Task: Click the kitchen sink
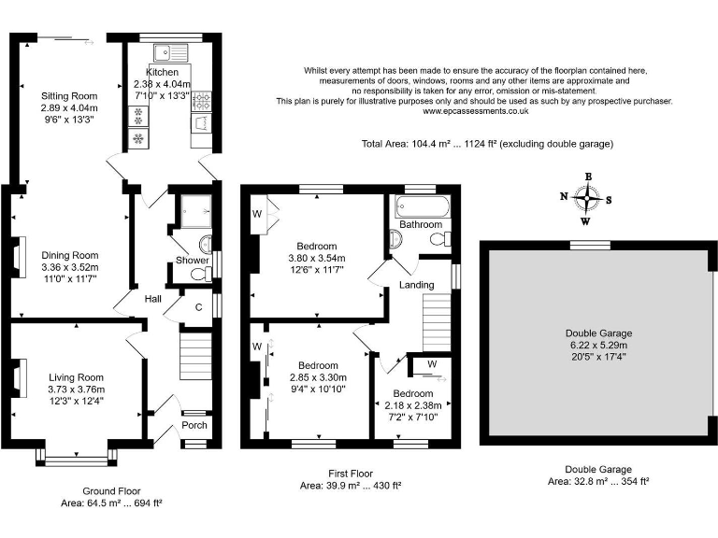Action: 171,52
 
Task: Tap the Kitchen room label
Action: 162,72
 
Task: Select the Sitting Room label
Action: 69,96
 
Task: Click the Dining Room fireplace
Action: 18,258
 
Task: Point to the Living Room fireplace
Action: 19,378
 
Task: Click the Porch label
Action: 194,425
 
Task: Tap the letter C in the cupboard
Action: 199,307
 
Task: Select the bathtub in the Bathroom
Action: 423,206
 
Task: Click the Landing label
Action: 417,285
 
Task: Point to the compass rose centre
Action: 587,198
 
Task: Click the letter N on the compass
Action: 564,196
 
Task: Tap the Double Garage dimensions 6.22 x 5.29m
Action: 599,346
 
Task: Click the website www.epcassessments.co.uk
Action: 475,111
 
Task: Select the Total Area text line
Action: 487,144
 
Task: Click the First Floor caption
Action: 351,474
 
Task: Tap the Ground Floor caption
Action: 111,491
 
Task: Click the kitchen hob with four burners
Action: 202,101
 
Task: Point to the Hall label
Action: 153,299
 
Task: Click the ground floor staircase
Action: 196,357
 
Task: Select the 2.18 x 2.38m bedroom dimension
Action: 413,405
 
